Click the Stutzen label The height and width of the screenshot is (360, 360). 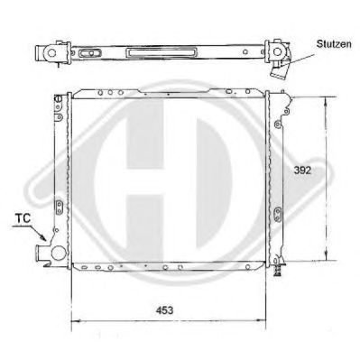[x=334, y=44]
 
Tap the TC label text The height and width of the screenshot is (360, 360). [x=23, y=218]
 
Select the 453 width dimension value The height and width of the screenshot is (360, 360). [x=165, y=310]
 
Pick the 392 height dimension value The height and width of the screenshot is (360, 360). [x=302, y=171]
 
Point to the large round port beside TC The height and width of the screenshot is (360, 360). [x=59, y=253]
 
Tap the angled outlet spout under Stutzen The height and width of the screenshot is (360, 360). [x=279, y=70]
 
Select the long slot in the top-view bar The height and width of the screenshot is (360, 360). [x=162, y=52]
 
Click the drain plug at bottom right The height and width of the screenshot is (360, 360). [x=277, y=270]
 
